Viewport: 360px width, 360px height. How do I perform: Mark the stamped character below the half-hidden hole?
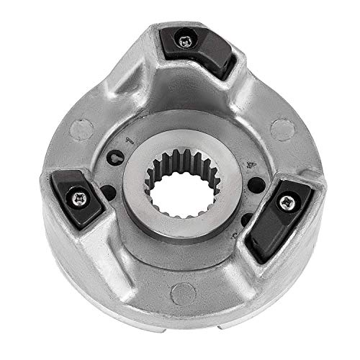pos(235,236)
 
